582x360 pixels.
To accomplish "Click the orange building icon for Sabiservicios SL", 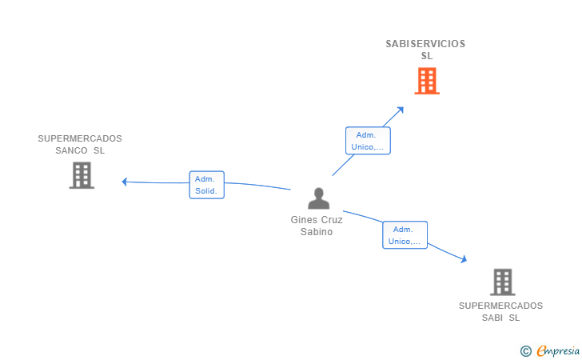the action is [x=427, y=81].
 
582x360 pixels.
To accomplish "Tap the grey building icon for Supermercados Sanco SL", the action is [x=82, y=175].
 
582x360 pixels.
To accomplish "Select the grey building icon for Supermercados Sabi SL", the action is [x=503, y=282].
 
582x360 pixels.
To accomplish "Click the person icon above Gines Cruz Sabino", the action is [x=318, y=198].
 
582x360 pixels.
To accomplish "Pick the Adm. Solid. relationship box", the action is [x=207, y=185].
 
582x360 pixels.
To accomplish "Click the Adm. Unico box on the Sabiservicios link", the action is [x=368, y=141].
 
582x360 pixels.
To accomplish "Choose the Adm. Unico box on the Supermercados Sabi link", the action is [x=405, y=235].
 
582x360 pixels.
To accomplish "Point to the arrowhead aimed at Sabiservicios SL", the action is [x=401, y=110].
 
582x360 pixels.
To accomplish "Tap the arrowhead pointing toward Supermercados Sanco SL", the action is [x=125, y=182].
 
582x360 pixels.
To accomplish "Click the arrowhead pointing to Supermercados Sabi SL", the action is [x=464, y=259].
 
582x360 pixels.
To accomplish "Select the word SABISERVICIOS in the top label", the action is [x=425, y=44].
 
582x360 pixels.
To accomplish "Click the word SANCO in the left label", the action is [x=71, y=150].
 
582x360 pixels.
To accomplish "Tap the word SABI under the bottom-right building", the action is [x=492, y=318].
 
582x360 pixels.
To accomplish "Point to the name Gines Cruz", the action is [x=317, y=219].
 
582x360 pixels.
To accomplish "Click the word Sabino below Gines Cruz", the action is [x=317, y=232].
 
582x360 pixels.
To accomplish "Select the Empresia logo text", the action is [x=558, y=350].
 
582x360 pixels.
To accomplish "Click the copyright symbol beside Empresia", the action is [x=526, y=351].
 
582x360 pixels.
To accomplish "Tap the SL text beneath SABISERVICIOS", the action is [x=427, y=56].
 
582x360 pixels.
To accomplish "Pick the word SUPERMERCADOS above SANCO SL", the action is [x=80, y=138].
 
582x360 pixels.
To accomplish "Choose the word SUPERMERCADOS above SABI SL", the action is [x=500, y=306].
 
